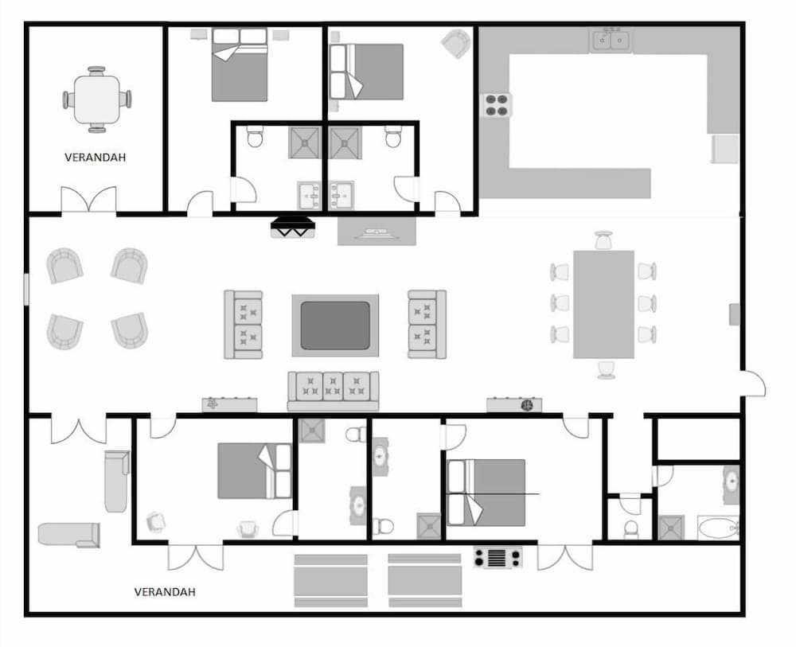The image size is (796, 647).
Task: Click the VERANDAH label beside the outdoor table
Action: pos(95,158)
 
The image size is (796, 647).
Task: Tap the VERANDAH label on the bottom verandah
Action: pos(165,592)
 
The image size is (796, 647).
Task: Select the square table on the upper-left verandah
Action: pos(97,99)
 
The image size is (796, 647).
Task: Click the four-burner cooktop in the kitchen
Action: pos(497,105)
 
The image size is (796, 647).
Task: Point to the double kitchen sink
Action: pos(611,39)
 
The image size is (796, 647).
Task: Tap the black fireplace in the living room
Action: pos(293,228)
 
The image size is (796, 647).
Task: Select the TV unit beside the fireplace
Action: pos(377,231)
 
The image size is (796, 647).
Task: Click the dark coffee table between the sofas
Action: pos(335,325)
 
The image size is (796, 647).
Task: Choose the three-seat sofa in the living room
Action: pos(334,390)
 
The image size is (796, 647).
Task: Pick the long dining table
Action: pos(603,304)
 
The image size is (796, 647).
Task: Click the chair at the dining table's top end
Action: pos(604,240)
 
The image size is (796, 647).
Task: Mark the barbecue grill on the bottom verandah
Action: pos(498,557)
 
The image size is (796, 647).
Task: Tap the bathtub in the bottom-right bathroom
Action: pos(720,528)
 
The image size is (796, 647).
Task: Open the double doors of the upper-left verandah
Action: pos(89,201)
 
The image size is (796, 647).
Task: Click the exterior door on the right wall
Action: pos(752,385)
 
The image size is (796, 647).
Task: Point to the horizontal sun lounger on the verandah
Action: pos(69,535)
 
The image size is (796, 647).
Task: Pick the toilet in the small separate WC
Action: pos(630,528)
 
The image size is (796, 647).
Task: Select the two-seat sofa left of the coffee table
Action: pos(244,324)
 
